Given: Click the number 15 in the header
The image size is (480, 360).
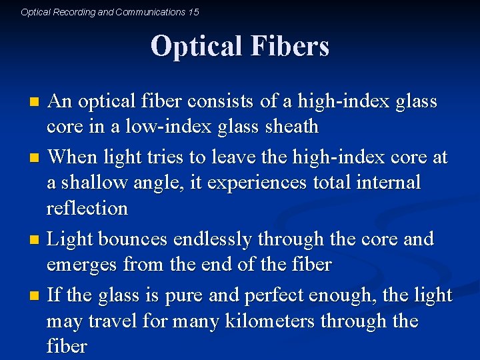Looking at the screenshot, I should (x=193, y=12).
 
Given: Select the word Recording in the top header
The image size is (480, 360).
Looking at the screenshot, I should (x=73, y=12).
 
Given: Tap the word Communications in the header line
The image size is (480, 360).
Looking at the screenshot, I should (x=141, y=12).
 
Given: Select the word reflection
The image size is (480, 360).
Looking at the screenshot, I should (x=87, y=208).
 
